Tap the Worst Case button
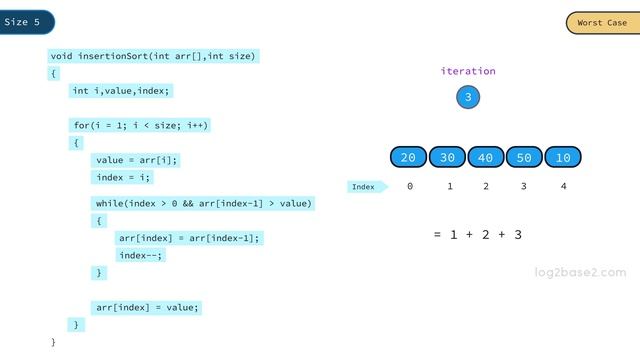tap(602, 23)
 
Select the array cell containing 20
tap(408, 158)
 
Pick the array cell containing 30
tap(447, 158)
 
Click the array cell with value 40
tap(486, 158)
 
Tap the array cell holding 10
tap(563, 158)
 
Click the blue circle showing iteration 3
tap(467, 97)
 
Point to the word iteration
tap(467, 71)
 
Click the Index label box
tap(364, 187)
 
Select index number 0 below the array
tap(410, 186)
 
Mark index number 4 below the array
tap(563, 186)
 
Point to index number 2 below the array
tap(486, 186)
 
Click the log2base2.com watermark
tap(580, 271)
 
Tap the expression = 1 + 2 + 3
tap(478, 234)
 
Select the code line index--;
tap(140, 255)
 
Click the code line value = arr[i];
tap(137, 160)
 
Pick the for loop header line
tap(141, 125)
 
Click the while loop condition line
tap(204, 203)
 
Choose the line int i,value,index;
tap(122, 91)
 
